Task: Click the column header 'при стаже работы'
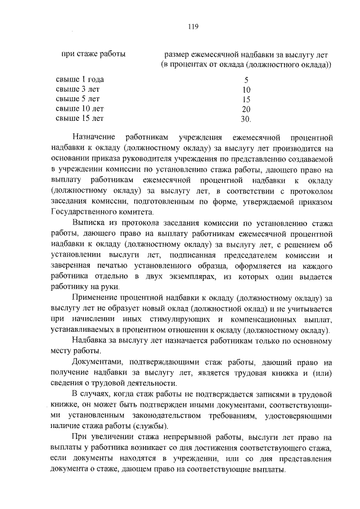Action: (x=93, y=55)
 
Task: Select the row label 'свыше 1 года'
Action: (x=80, y=79)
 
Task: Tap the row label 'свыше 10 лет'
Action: (x=80, y=109)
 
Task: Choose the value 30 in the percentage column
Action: (x=245, y=119)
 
